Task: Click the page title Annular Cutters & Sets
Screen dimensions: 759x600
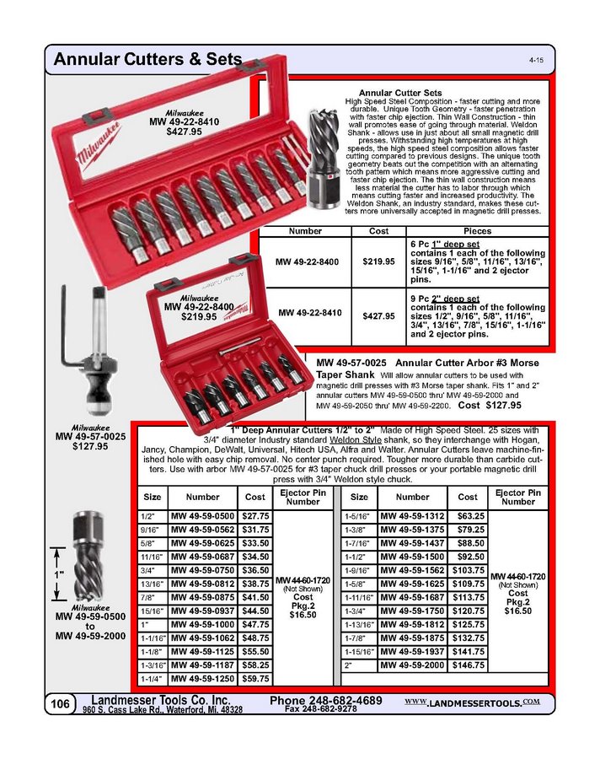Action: tap(147, 60)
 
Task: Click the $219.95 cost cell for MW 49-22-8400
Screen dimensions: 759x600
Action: tap(378, 262)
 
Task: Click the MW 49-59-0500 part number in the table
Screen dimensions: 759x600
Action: tap(202, 515)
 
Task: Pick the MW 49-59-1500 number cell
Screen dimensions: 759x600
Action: tap(412, 557)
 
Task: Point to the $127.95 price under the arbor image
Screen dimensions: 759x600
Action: tap(90, 447)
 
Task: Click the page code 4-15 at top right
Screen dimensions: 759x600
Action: tap(536, 61)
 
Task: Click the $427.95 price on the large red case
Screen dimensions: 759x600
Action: tap(184, 132)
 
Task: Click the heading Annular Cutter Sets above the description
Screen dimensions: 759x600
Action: tap(400, 92)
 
